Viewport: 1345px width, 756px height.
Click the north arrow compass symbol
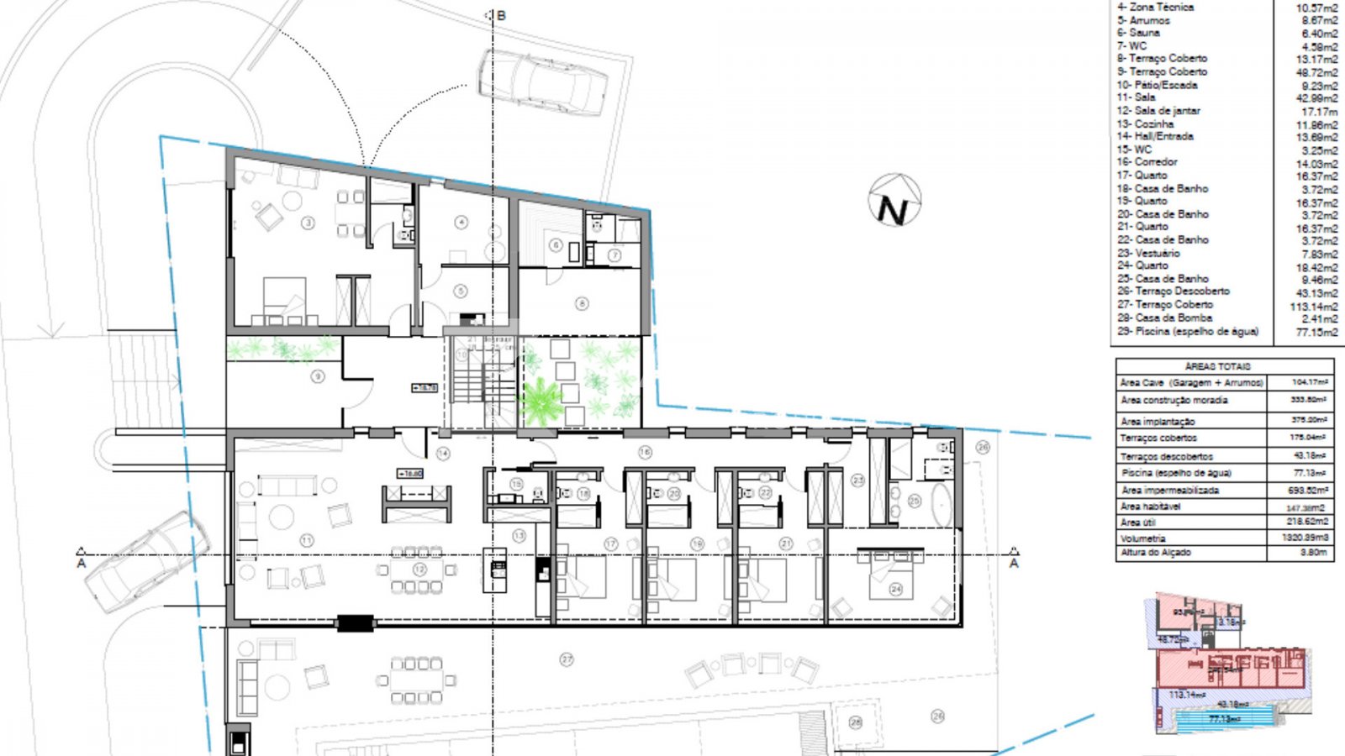tap(894, 202)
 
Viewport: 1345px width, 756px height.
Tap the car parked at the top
tap(543, 81)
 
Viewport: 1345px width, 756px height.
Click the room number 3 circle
tap(309, 223)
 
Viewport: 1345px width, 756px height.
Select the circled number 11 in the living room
tap(307, 541)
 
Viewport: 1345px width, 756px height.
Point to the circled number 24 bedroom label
tap(896, 589)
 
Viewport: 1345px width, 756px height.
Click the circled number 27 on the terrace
tap(567, 659)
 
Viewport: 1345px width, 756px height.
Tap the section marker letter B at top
tap(502, 15)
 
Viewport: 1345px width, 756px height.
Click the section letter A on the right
tap(1014, 563)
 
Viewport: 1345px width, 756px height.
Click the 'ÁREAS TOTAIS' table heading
tap(1217, 366)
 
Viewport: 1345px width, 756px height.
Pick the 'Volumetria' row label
tap(1142, 538)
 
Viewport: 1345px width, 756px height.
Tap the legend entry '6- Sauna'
tap(1138, 33)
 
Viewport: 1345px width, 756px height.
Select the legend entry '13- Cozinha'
tap(1145, 123)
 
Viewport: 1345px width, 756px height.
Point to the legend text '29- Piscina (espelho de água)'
tap(1187, 331)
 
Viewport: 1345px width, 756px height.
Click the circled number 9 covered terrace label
tap(318, 376)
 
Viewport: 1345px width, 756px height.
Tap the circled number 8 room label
tap(581, 303)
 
